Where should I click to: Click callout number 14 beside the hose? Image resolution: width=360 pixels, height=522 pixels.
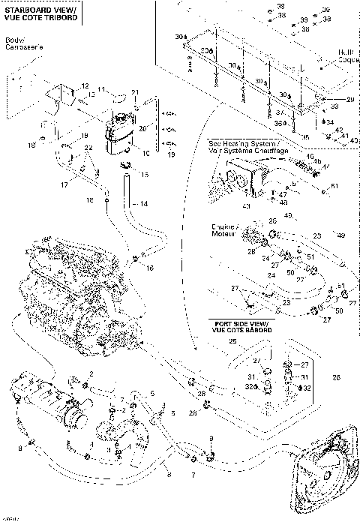[145, 203]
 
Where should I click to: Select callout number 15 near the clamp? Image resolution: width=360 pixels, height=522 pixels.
[145, 175]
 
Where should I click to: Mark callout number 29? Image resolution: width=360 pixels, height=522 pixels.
[349, 100]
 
